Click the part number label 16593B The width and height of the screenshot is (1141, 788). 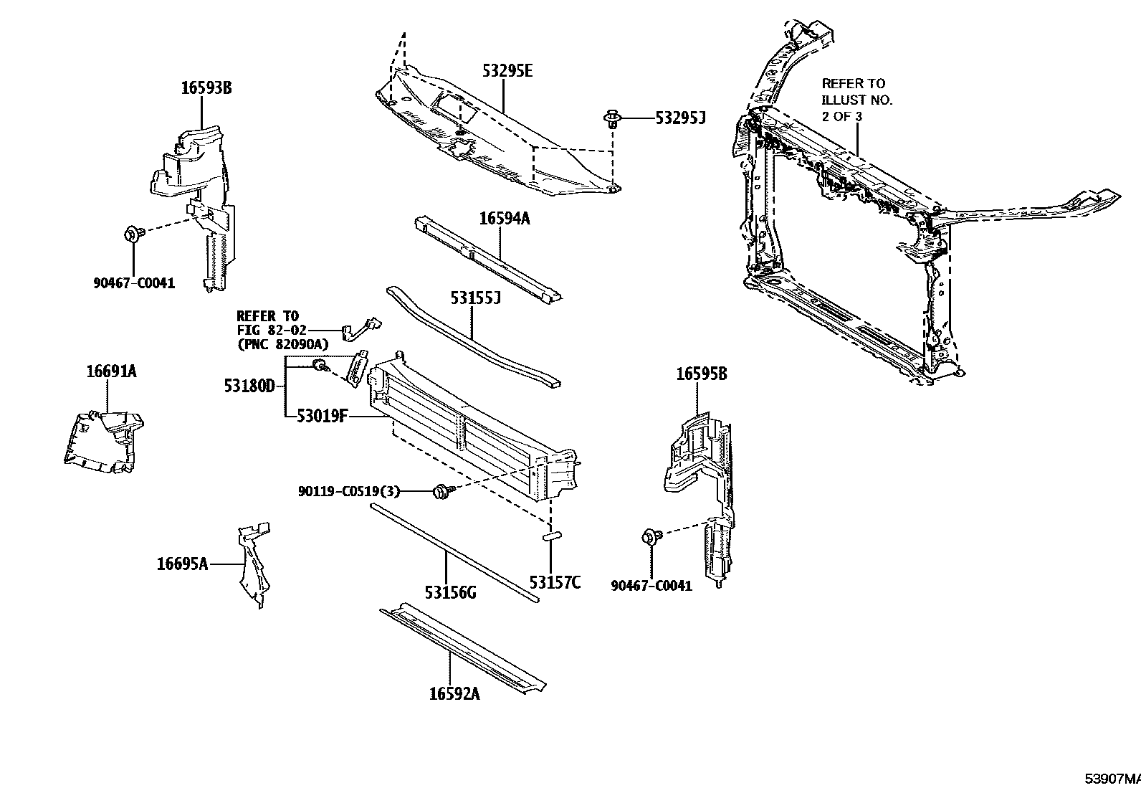[x=206, y=88]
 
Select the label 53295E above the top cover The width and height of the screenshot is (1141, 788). [x=507, y=70]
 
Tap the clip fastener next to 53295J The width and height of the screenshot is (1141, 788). [x=611, y=118]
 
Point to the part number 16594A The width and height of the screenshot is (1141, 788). [x=504, y=219]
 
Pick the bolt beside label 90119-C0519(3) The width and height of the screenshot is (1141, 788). [x=441, y=491]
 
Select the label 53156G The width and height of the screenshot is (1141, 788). [x=450, y=592]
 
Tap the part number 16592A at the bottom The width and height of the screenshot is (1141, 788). [x=454, y=693]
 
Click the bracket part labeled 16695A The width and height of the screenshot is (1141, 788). [x=253, y=566]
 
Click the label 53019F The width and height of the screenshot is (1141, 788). [x=322, y=415]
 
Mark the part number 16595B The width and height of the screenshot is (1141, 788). [x=702, y=374]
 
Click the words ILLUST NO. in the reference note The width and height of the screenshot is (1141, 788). [x=856, y=100]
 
